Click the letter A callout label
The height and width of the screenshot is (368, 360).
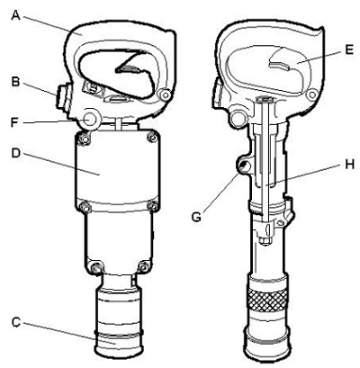[x=15, y=14]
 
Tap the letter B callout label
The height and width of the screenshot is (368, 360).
[x=15, y=82]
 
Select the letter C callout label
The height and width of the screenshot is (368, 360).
[x=16, y=323]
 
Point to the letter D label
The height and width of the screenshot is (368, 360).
[x=16, y=153]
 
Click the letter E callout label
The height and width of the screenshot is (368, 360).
[x=349, y=49]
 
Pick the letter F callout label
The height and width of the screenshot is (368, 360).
[x=15, y=122]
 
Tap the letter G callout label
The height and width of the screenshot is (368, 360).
[x=196, y=217]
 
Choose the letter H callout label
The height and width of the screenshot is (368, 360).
[x=349, y=164]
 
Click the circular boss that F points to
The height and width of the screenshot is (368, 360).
[x=89, y=120]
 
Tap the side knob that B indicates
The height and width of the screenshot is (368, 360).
[x=63, y=96]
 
